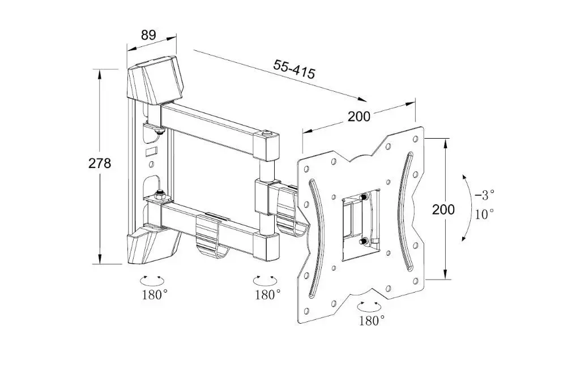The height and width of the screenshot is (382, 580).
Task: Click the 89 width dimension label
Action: [148, 35]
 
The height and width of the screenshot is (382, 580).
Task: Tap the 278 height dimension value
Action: [100, 163]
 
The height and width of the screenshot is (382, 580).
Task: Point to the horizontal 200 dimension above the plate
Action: [359, 117]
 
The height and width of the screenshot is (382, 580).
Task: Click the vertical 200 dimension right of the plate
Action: [443, 209]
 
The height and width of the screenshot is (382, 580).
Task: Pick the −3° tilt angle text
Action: [484, 194]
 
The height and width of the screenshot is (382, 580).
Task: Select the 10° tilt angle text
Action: [484, 213]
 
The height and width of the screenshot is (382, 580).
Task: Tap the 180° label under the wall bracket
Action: [155, 294]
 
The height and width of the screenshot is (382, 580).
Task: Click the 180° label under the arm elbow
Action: [267, 294]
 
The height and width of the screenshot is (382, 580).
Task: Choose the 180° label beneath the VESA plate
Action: [372, 320]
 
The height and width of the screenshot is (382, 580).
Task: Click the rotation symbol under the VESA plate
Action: [369, 307]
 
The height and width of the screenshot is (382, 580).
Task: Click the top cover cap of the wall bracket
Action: [155, 80]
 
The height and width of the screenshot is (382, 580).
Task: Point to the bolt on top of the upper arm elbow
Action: [266, 133]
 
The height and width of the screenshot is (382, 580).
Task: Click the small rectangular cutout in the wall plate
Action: [152, 151]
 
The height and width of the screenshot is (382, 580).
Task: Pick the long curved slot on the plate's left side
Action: [317, 238]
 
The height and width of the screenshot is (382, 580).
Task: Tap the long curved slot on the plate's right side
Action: [406, 211]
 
